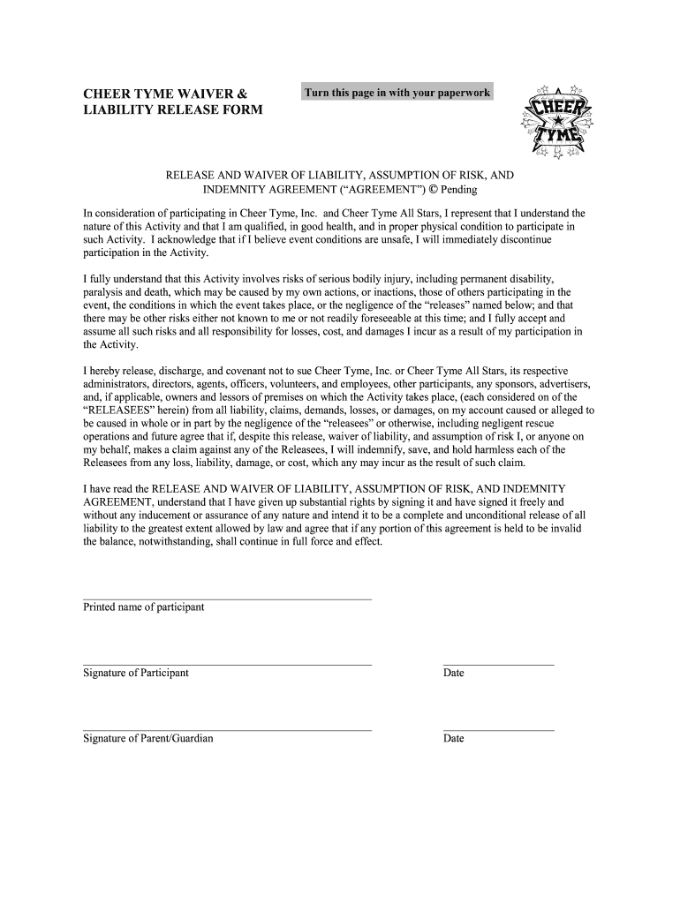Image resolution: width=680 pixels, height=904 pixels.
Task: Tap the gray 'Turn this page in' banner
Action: tap(397, 93)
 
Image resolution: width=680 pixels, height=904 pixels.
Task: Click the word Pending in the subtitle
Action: tap(459, 190)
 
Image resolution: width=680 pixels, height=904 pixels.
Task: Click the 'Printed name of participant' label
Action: tap(143, 607)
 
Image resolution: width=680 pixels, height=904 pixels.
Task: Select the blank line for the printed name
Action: tap(227, 599)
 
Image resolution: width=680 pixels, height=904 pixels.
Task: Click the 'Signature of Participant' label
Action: tap(135, 673)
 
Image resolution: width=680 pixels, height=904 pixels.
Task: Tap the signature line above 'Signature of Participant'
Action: tap(227, 664)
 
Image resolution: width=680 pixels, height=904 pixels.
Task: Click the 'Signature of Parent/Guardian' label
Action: tap(147, 738)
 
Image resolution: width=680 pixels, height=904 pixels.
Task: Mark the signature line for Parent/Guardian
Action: tap(227, 730)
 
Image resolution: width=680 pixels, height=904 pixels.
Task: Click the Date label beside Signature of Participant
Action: tap(453, 673)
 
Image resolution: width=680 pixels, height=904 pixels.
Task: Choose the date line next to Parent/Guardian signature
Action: tap(498, 730)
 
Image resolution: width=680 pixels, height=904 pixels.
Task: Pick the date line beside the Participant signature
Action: tap(498, 664)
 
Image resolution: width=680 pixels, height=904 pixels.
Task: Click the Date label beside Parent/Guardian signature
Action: tap(453, 738)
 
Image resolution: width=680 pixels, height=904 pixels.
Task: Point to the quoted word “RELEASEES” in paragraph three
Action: tap(117, 411)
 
